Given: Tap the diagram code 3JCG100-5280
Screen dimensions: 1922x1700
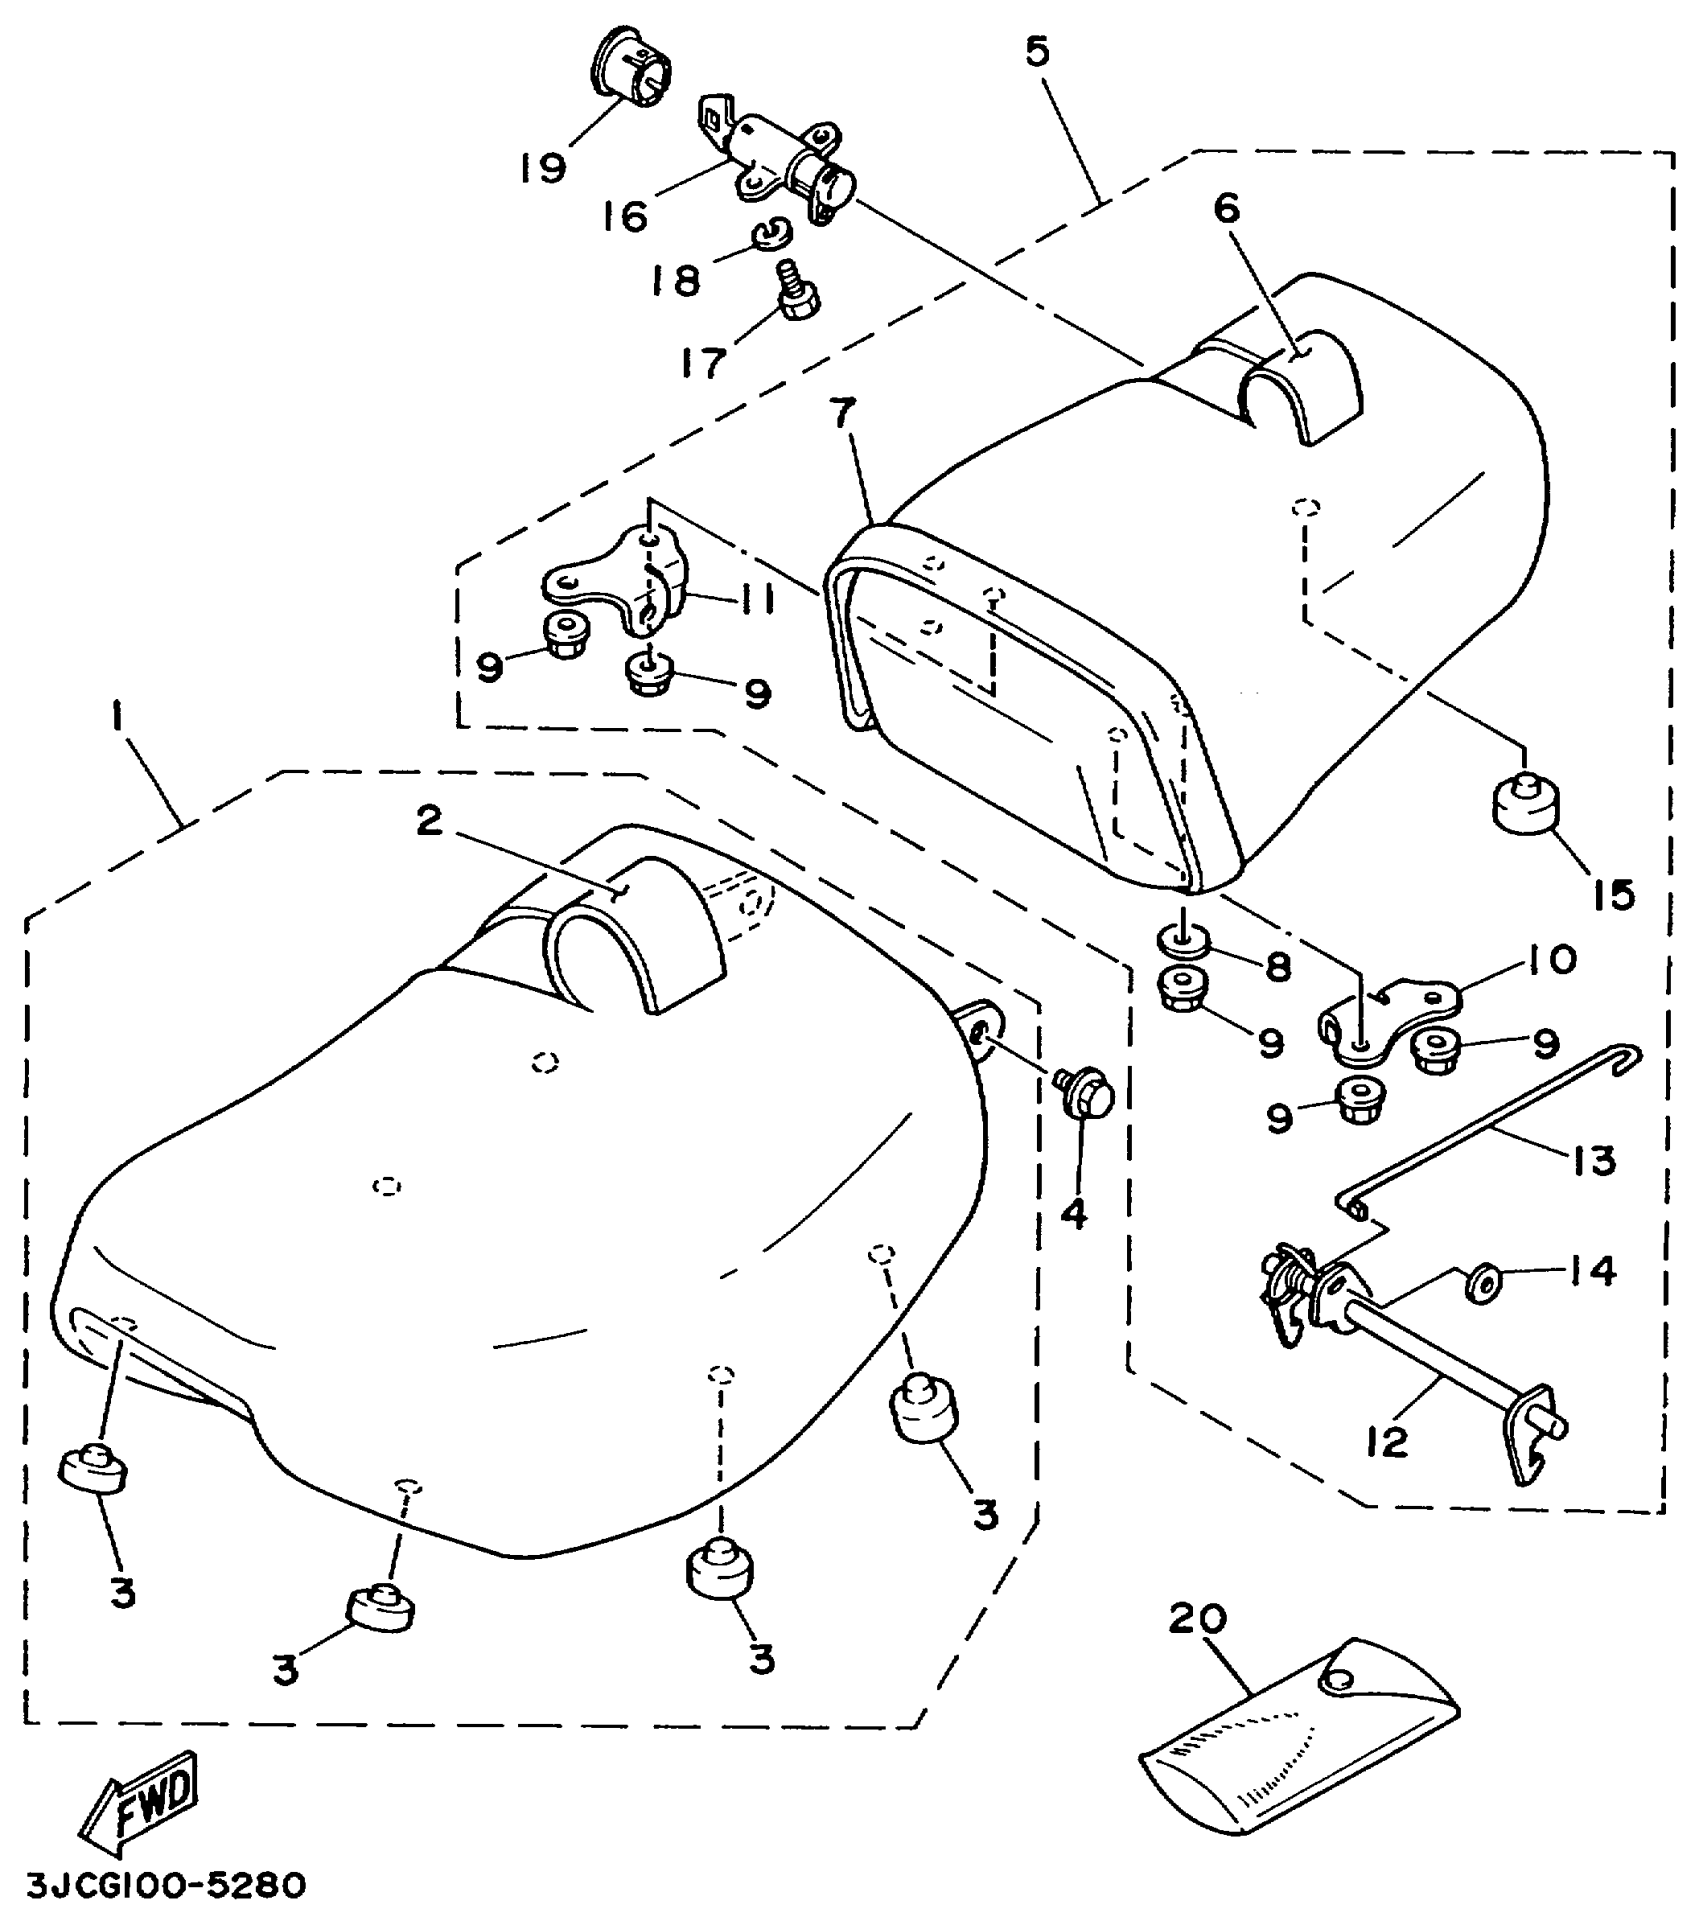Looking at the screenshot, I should (165, 1886).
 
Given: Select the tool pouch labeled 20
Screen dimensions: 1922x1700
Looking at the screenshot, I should (1299, 1739).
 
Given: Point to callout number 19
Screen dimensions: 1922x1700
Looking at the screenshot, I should (542, 166).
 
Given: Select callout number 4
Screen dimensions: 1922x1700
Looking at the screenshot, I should (1073, 1213).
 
